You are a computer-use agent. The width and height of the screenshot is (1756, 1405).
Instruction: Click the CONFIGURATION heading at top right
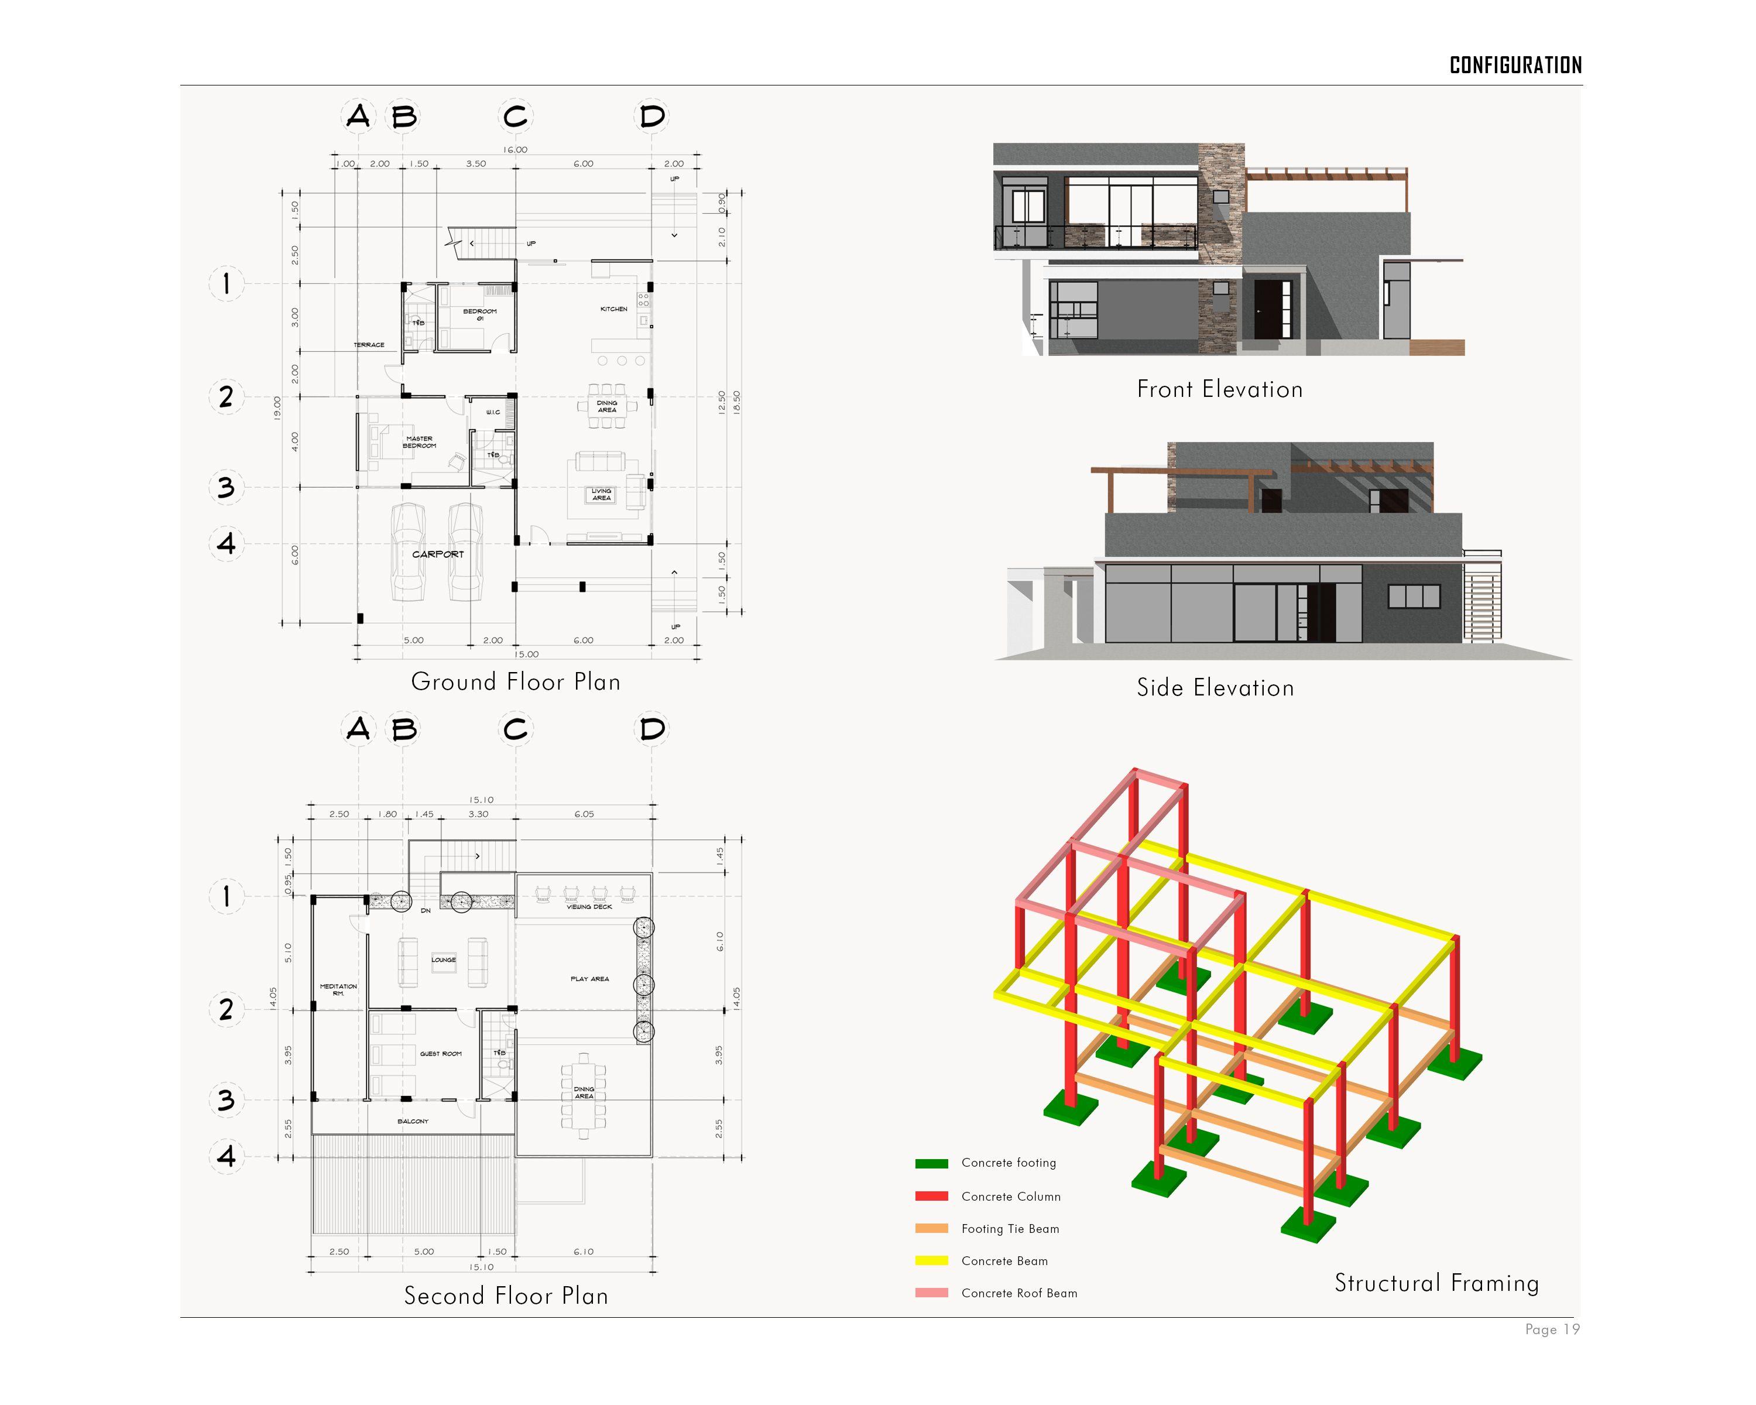pos(1515,65)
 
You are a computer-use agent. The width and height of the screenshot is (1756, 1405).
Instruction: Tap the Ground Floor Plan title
pos(516,682)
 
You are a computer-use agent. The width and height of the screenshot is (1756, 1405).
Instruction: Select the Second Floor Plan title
pos(506,1295)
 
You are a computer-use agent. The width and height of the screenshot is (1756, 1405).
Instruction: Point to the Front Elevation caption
pos(1219,389)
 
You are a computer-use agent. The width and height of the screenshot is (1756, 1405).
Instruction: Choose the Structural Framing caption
pos(1436,1283)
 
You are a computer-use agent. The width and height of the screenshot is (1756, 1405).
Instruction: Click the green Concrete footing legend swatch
pos(931,1164)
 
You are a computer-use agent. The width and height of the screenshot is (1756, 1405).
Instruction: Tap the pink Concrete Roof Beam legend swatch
pos(931,1293)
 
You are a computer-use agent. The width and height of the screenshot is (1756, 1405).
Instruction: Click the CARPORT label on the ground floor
pos(437,554)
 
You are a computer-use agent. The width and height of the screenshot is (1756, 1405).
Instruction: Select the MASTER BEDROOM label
pos(420,442)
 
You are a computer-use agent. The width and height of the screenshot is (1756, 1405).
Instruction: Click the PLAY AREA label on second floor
pos(589,979)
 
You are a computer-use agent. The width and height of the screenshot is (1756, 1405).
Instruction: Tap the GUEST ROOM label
pos(441,1054)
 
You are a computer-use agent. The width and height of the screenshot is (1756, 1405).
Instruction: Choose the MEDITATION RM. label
pos(338,989)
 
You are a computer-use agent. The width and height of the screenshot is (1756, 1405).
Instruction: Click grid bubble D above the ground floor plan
pos(651,116)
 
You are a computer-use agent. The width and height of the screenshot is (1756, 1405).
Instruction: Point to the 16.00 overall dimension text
pos(515,150)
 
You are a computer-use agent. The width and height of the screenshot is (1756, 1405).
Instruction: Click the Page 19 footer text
pos(1552,1329)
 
